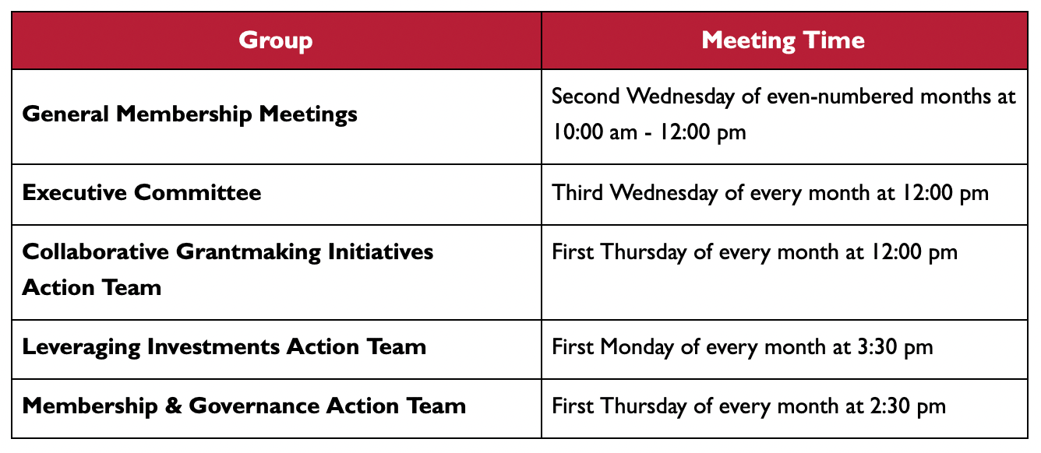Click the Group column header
pos(276,40)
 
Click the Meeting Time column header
pos(783,40)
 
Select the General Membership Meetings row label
pos(189,114)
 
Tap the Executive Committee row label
pos(142,192)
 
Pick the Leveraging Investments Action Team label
pos(224,347)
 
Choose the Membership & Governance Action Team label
pos(244,406)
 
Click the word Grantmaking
pos(248,252)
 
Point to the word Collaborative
pos(95,252)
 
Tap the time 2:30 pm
pos(908,406)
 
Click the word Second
pos(586,97)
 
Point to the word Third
pos(577,192)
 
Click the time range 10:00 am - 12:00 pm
pos(649,132)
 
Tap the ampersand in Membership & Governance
pos(173,406)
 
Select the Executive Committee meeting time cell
pos(785,195)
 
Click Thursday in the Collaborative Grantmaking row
pos(643,253)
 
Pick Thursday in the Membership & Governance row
pos(643,407)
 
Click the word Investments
pos(213,347)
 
